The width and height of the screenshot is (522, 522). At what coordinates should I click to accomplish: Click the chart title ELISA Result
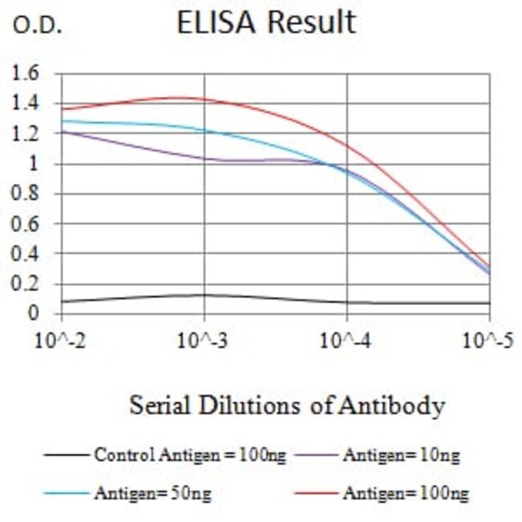[x=266, y=22]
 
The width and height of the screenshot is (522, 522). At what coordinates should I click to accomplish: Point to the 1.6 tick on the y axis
[x=27, y=75]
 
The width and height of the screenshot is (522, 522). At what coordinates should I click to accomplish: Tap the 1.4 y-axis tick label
[x=27, y=104]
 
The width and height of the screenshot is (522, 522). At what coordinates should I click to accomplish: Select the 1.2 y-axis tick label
[x=27, y=134]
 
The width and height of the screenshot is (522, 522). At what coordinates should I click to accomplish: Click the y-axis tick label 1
[x=34, y=164]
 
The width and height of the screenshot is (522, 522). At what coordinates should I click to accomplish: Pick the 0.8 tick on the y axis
[x=27, y=194]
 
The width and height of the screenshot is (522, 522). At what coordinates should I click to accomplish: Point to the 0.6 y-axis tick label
[x=27, y=224]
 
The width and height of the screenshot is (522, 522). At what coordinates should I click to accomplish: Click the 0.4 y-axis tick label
[x=27, y=254]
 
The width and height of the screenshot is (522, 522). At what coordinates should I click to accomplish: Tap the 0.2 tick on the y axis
[x=27, y=283]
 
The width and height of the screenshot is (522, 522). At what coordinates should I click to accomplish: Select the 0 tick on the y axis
[x=34, y=313]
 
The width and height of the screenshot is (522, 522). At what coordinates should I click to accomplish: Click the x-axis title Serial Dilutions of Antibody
[x=287, y=406]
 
